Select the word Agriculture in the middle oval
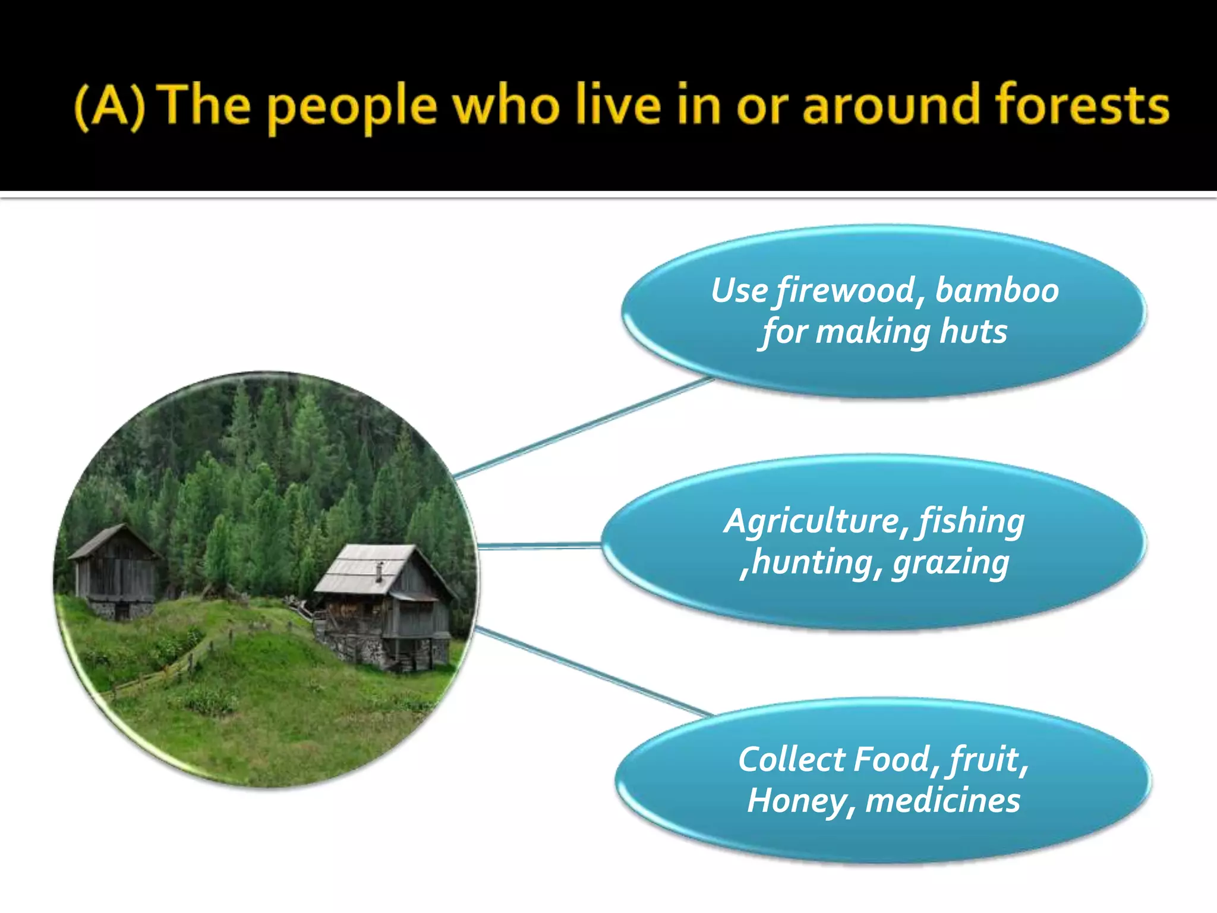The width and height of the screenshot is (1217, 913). tap(812, 522)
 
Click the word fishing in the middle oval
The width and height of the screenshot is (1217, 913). tap(972, 522)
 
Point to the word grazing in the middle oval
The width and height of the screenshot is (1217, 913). tap(951, 563)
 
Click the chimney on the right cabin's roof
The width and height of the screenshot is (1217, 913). tap(379, 571)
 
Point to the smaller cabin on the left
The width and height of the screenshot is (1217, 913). tap(114, 571)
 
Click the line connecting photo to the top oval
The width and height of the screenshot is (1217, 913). tap(582, 427)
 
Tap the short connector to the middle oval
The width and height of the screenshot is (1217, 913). tap(538, 545)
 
